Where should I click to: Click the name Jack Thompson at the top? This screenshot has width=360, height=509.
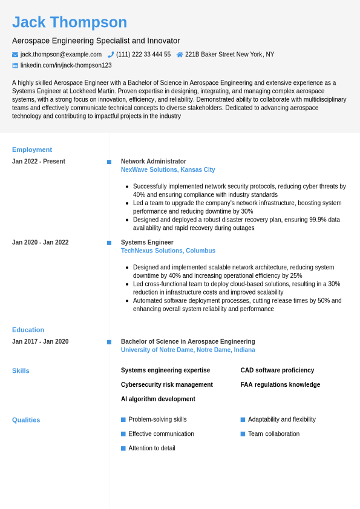70,22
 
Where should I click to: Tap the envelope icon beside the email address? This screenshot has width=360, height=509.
15,54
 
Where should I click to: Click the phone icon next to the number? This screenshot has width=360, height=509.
111,54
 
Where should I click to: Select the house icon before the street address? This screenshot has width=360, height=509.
180,54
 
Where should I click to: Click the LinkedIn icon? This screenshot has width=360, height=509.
15,65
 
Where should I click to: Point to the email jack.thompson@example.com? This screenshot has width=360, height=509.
61,54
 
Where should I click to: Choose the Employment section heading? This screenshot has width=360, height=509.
32,149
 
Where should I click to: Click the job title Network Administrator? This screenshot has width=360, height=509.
154,162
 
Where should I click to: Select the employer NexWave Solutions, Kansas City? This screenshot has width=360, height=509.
168,170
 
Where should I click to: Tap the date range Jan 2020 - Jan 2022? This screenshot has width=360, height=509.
41,242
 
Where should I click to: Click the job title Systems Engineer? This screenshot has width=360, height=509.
147,242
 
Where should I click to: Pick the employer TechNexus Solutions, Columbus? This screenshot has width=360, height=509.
168,251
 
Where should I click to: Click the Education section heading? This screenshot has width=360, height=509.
28,330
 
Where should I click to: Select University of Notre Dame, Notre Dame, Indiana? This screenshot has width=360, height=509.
188,350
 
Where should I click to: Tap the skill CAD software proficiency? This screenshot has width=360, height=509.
277,370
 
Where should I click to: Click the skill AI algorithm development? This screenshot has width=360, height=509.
158,399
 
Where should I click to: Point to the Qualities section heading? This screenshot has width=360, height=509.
26,420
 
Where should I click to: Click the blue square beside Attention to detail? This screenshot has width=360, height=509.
123,448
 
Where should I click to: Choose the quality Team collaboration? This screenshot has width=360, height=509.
273,434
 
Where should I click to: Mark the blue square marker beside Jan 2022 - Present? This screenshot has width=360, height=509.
110,162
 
